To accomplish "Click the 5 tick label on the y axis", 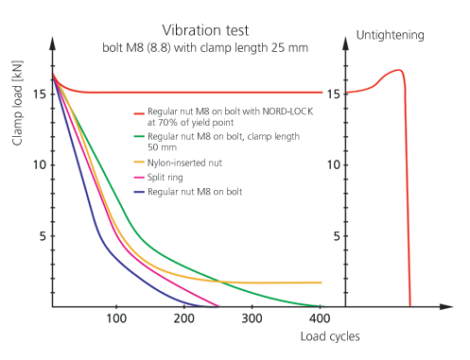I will click(41, 236).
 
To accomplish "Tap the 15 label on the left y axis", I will click(37, 94).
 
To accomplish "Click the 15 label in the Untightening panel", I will click(333, 94).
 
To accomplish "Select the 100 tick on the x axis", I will click(115, 319).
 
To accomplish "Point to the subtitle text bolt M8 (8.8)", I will click(143, 47).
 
